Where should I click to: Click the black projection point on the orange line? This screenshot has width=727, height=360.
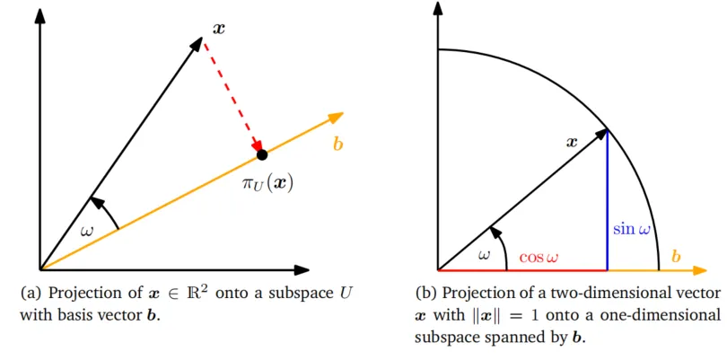262,155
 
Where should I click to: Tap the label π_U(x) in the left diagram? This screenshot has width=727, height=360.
267,184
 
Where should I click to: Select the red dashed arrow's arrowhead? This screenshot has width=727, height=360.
257,145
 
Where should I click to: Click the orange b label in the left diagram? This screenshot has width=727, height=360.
338,145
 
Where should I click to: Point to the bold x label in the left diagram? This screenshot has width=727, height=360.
218,29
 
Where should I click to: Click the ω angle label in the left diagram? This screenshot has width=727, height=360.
87,231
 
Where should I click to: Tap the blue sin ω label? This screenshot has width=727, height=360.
632,229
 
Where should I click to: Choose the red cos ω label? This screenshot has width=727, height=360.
539,258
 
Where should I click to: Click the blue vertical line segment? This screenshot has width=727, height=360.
608,199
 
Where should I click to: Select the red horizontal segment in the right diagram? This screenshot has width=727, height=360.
522,269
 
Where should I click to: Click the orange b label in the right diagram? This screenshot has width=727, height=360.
676,256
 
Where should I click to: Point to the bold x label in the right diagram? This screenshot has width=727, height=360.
572,142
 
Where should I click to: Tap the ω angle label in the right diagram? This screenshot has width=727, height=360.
485,255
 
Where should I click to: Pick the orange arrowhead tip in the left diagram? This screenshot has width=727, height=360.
344,113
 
